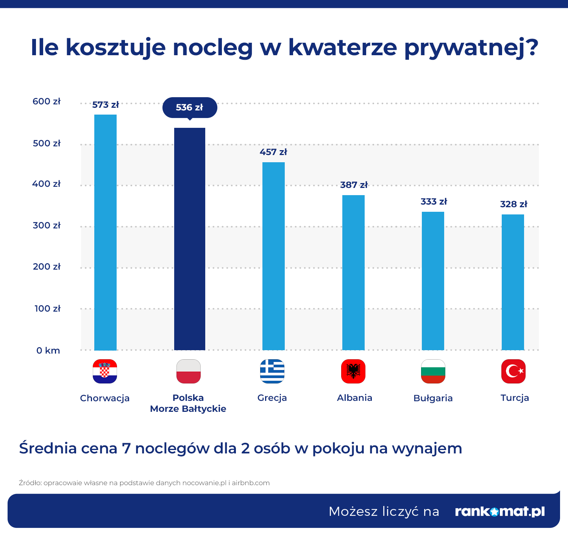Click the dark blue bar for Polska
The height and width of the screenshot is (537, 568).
190,239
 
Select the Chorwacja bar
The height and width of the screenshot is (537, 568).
105,232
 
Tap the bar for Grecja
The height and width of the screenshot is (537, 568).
273,256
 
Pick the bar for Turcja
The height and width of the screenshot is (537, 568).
513,282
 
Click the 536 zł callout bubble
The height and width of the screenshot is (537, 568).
190,108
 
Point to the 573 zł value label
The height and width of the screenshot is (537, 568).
105,104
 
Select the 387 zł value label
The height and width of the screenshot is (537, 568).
354,185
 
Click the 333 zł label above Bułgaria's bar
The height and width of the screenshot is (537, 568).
434,202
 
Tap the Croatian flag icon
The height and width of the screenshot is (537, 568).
105,371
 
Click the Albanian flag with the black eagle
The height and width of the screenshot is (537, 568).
353,371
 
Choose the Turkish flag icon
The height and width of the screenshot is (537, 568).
513,371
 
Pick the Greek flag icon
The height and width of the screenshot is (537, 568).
272,371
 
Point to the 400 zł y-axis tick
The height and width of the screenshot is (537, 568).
46,183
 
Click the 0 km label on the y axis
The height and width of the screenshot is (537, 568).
48,350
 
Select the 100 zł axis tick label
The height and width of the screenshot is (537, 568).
47,309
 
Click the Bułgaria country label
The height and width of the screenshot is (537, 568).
433,398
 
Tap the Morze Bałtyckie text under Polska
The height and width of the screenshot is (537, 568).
188,409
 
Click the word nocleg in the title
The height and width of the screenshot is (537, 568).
212,47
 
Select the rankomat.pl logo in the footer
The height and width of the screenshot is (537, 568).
500,511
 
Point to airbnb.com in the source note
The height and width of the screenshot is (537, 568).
250,483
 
